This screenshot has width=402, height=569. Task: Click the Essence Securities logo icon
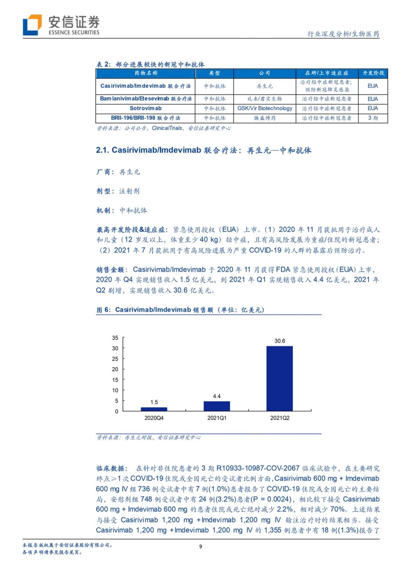[32, 25]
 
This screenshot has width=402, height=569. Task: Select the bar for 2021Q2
[280, 378]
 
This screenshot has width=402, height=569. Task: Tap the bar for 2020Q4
[154, 409]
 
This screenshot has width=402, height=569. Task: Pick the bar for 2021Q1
[217, 406]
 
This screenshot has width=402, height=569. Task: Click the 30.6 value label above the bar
[280, 341]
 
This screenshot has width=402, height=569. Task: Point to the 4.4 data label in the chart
[217, 396]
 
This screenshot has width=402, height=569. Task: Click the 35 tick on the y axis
[115, 338]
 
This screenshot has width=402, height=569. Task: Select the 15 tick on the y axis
[115, 380]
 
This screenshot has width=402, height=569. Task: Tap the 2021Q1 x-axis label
[217, 418]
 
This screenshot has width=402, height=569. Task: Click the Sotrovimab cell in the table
[146, 108]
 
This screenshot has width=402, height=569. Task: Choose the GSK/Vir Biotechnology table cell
[265, 108]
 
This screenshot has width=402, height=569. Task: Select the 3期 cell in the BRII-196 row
[373, 118]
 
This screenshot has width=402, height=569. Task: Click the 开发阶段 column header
[373, 73]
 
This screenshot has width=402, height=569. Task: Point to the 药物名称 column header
[146, 73]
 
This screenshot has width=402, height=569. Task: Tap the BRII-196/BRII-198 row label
[146, 118]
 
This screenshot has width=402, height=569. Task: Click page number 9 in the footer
[201, 546]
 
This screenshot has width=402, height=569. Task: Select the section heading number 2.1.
[102, 150]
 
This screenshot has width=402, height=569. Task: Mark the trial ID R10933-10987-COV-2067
[258, 468]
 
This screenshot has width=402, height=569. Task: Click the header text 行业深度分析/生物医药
[343, 34]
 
